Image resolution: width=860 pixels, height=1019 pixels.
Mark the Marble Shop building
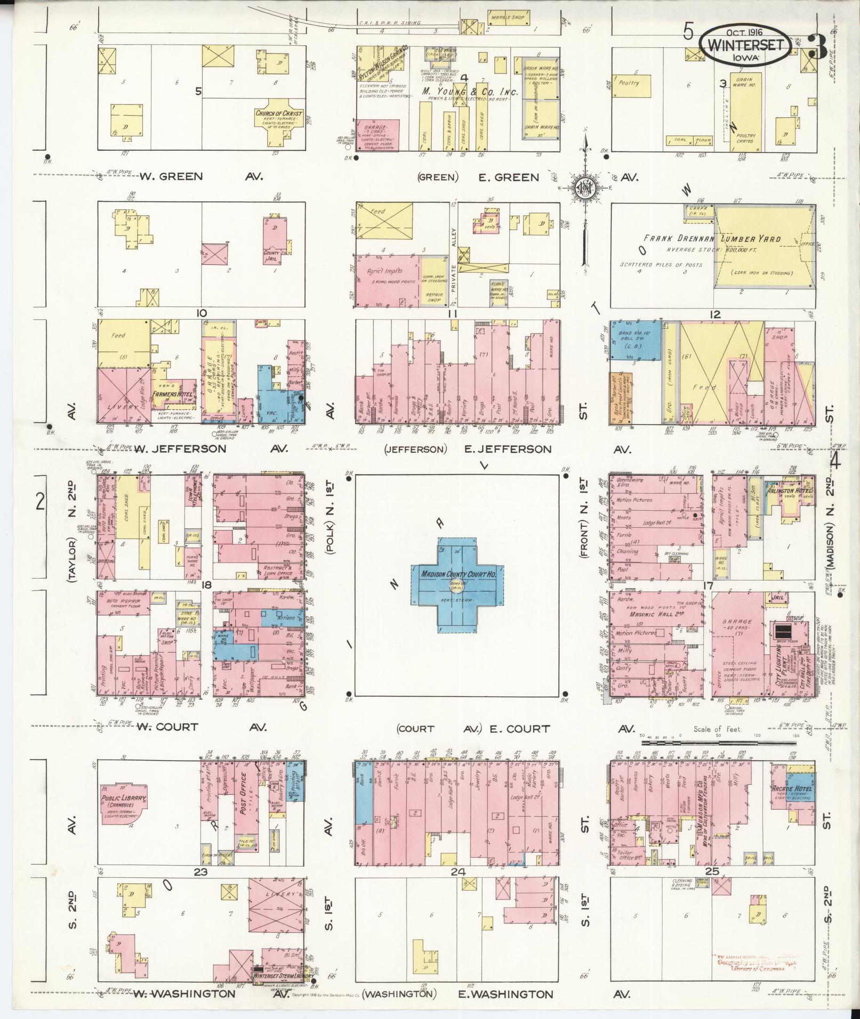(507, 18)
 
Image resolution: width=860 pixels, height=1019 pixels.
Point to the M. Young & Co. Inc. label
(469, 92)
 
